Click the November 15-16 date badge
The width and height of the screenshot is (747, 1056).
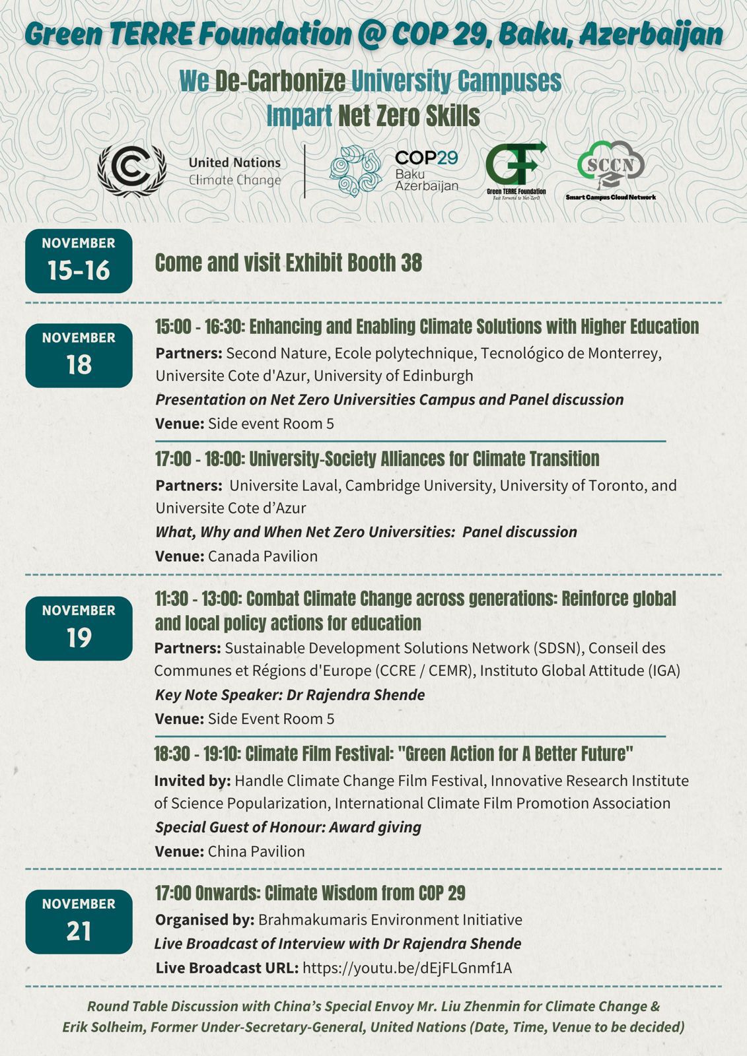coord(79,261)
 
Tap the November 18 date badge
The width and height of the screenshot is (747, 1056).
coord(79,355)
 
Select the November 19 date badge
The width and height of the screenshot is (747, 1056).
coord(79,628)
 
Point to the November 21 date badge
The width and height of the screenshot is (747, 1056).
coord(79,921)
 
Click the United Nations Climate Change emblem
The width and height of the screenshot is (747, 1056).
coord(131,170)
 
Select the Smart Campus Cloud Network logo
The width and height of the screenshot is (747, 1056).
coord(610,170)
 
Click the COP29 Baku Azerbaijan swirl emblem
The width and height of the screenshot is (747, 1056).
coord(355,170)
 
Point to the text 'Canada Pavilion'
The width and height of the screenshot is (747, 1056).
coord(262,556)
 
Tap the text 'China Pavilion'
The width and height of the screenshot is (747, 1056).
coord(256,851)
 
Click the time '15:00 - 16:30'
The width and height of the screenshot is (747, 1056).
coord(199,327)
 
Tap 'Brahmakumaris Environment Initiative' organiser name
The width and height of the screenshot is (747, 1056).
coord(390,920)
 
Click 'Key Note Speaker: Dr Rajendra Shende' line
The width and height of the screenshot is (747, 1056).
coord(289,695)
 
